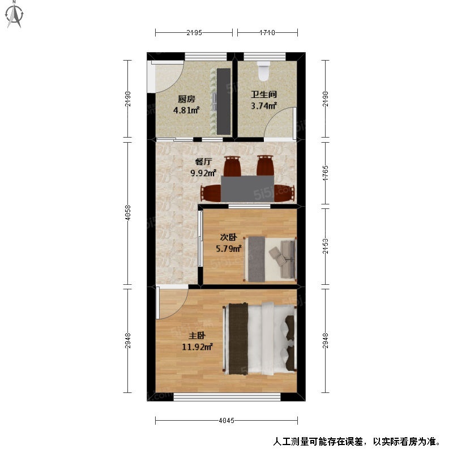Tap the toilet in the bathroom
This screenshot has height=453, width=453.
click(x=263, y=71)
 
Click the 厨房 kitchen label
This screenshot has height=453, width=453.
click(x=186, y=100)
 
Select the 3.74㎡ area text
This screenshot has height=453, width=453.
click(x=264, y=106)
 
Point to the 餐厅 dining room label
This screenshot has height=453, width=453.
click(x=204, y=162)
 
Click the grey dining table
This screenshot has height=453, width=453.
click(x=247, y=189)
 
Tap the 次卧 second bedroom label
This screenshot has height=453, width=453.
click(x=229, y=237)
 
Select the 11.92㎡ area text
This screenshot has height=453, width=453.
click(x=197, y=347)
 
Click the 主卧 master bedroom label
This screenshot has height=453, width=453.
click(x=197, y=335)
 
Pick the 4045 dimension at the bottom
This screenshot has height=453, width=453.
click(x=226, y=420)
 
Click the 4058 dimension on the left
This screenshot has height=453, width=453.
click(x=128, y=213)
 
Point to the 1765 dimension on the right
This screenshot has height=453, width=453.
click(x=325, y=173)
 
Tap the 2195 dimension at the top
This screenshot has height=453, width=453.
click(x=194, y=33)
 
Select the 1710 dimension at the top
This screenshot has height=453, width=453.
click(x=267, y=33)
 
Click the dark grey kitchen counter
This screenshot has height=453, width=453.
click(x=224, y=101)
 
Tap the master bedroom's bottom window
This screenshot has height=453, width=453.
click(x=227, y=397)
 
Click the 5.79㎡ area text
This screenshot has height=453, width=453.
click(x=229, y=249)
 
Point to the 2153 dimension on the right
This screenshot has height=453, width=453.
click(x=325, y=246)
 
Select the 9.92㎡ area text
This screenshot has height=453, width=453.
click(x=204, y=173)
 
